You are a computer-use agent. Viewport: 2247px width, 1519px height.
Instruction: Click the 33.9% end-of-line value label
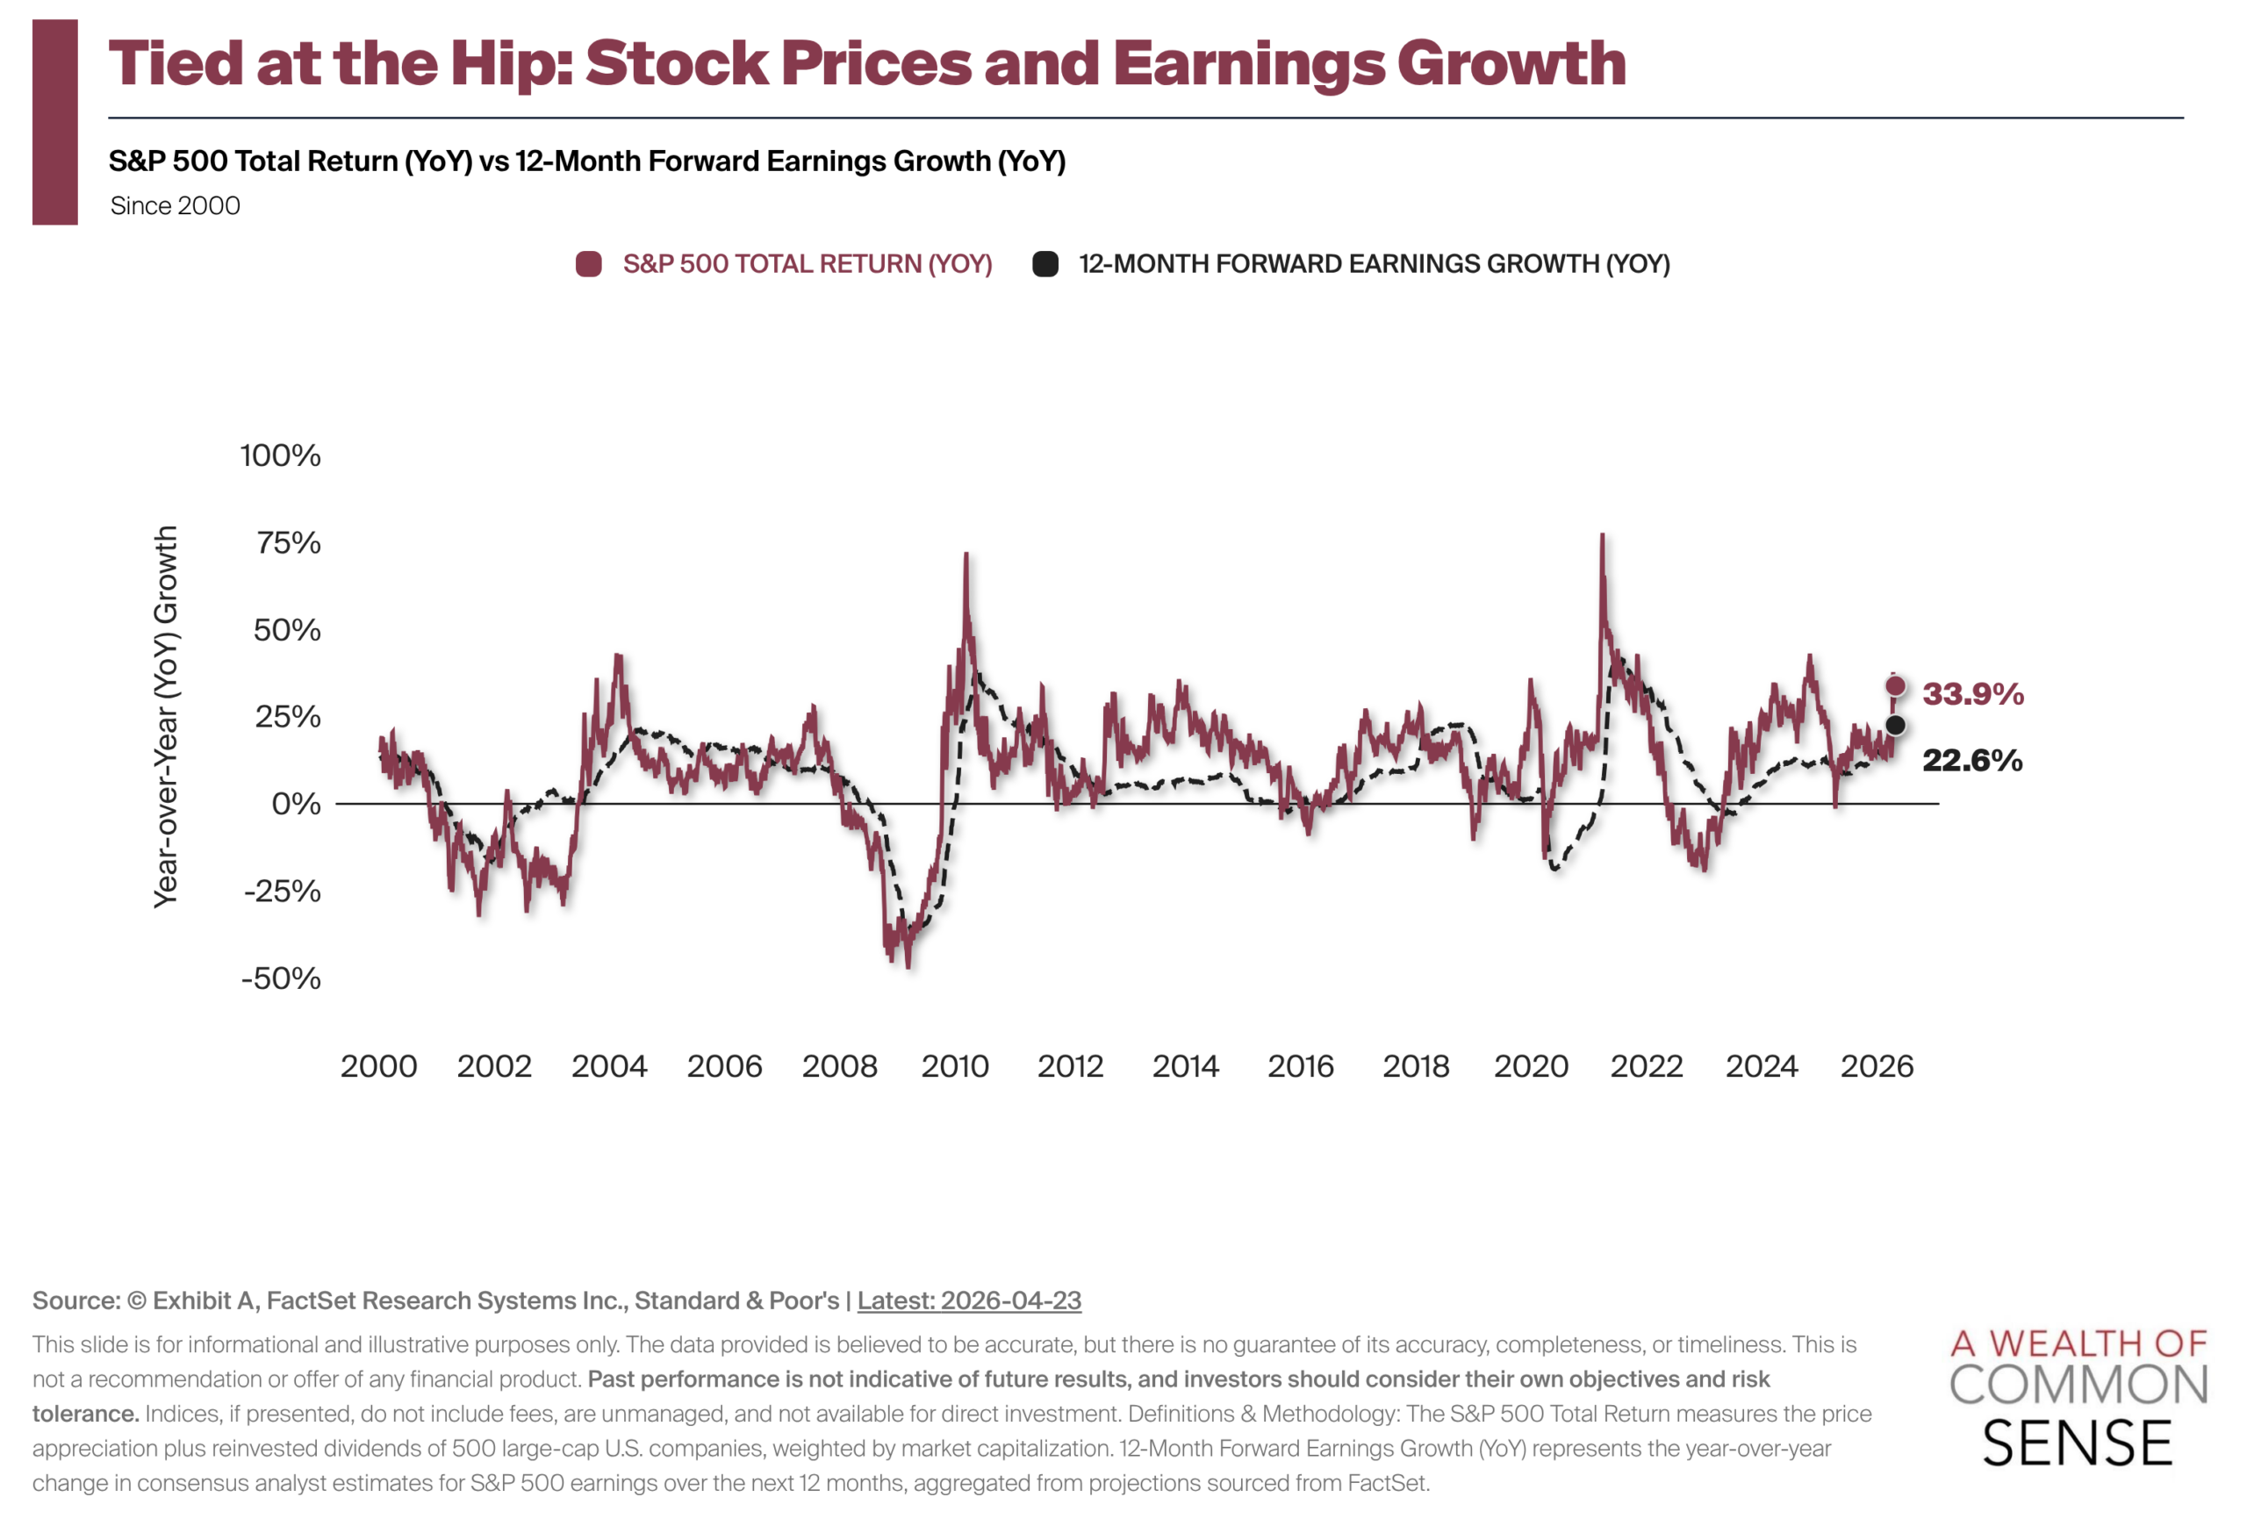(x=1971, y=693)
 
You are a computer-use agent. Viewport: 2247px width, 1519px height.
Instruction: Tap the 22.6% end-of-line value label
(x=1971, y=760)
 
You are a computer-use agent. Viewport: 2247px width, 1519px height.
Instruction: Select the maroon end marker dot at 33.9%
(x=1894, y=686)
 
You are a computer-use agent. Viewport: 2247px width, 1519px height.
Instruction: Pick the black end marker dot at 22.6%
(x=1895, y=725)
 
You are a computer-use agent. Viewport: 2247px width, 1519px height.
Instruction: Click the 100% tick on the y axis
(x=280, y=455)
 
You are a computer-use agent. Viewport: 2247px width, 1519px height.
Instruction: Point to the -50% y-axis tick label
(x=280, y=978)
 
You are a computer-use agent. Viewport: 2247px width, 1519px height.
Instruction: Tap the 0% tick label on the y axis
(x=296, y=804)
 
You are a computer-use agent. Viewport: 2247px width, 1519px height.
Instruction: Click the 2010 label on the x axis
(x=954, y=1065)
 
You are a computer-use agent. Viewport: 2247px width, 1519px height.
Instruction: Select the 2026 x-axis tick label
(x=1876, y=1065)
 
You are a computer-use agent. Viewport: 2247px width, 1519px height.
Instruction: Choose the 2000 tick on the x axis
(x=378, y=1065)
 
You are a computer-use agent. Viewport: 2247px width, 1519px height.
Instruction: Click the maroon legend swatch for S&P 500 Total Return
(x=588, y=264)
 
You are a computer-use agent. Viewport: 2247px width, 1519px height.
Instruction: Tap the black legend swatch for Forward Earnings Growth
(x=1045, y=264)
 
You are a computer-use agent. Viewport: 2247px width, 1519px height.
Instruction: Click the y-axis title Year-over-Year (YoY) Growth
(x=166, y=715)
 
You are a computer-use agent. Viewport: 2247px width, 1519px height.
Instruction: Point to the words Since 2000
(x=175, y=206)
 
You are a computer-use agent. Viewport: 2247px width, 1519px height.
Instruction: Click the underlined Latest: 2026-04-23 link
(x=969, y=1300)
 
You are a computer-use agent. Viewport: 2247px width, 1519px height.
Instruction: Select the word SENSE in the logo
(x=2077, y=1444)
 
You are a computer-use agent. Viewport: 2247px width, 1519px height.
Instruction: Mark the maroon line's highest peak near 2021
(x=1602, y=534)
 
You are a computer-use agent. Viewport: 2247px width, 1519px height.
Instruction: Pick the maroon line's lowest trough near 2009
(x=908, y=966)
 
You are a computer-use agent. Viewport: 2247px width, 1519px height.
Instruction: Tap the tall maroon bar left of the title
(x=55, y=122)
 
